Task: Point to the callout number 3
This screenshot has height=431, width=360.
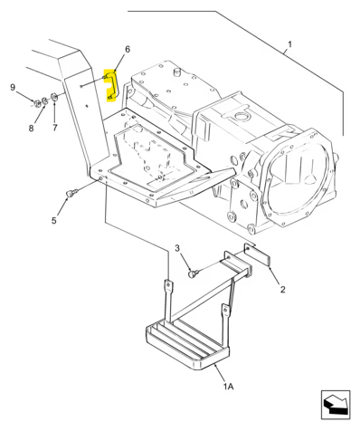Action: coord(177,247)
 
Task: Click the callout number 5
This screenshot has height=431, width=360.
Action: coord(53,220)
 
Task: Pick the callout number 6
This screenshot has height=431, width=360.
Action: coord(127,49)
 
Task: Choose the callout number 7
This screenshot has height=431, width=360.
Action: coord(53,127)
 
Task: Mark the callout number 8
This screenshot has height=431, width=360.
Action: coord(30,128)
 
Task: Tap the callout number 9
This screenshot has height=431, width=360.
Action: coord(13,87)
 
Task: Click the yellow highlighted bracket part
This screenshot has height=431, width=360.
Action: coord(114,86)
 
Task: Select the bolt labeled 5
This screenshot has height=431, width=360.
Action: coord(72,193)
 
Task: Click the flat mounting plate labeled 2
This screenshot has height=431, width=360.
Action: coord(260,257)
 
